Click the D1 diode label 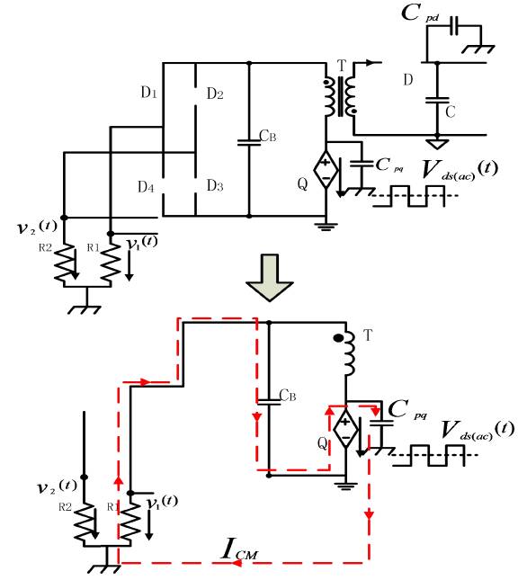(x=148, y=93)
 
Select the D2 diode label (x=214, y=93)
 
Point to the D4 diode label (x=146, y=186)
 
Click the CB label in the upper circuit (x=267, y=137)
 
